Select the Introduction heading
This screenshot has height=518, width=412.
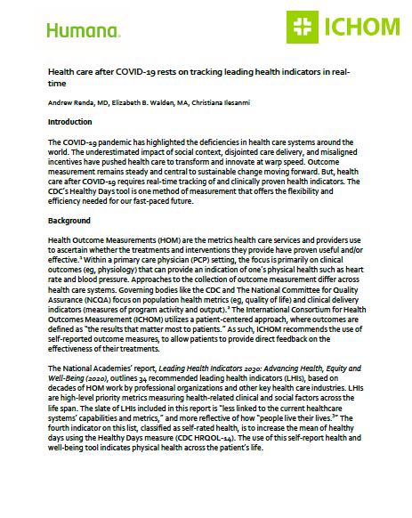69,120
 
